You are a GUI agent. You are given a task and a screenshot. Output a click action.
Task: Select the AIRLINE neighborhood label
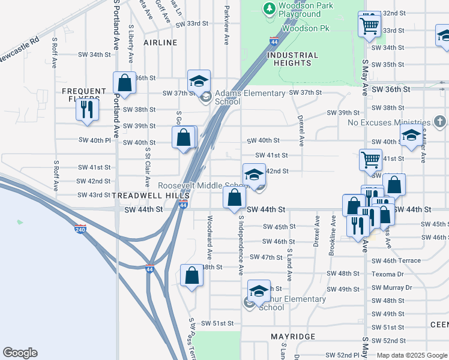click(x=160, y=43)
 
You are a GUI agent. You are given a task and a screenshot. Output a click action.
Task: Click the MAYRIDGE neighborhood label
click(x=293, y=337)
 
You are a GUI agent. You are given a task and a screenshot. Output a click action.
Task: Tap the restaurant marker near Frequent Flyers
click(x=88, y=109)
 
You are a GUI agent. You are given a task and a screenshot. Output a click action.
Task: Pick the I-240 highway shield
click(x=81, y=229)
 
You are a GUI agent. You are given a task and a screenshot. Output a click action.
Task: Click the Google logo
click(x=20, y=353)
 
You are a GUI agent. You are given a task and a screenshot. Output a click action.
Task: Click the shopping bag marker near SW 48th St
click(x=191, y=276)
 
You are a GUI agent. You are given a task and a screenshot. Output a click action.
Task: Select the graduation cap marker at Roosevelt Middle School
click(x=254, y=175)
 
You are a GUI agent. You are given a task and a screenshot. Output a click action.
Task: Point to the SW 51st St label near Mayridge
click(x=217, y=323)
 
